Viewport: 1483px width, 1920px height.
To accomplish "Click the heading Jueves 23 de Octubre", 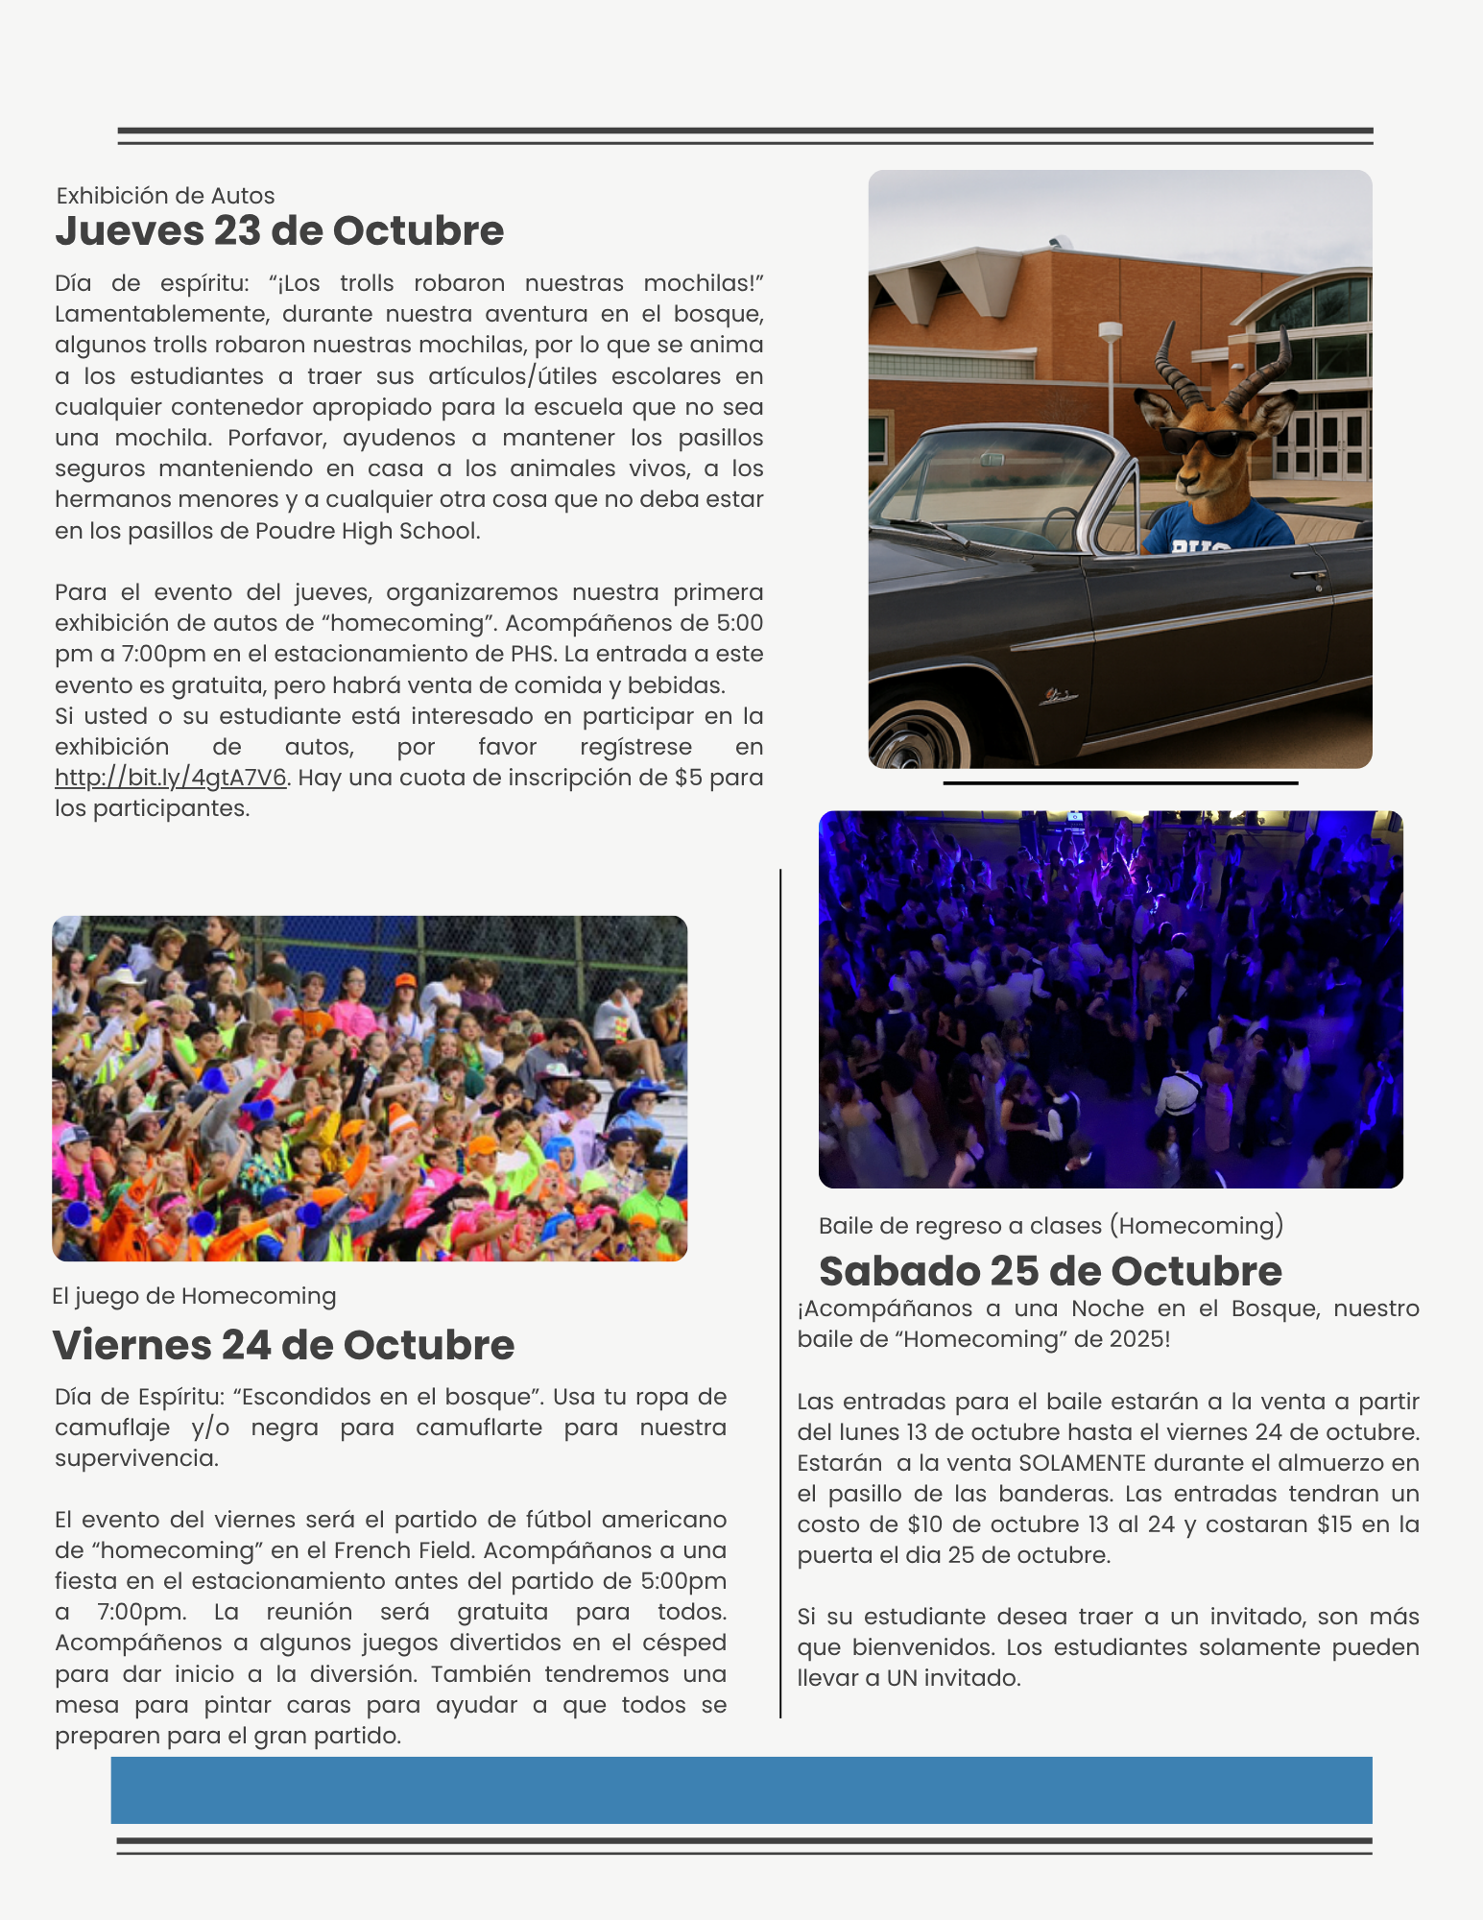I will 279,231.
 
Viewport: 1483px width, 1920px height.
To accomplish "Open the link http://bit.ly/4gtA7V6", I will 171,778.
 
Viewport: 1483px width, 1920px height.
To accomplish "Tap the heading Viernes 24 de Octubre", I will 283,1345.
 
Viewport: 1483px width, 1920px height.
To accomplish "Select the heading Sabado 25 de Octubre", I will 1050,1271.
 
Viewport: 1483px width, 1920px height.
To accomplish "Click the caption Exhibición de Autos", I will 165,196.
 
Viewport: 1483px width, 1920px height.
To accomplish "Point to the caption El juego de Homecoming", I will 194,1296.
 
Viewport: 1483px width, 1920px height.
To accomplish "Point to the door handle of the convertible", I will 1307,575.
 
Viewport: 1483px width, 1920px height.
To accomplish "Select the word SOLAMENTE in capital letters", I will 1082,1463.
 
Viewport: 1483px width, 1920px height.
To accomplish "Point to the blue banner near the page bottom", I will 741,1789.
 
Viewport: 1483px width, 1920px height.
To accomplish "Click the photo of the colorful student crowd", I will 370,1088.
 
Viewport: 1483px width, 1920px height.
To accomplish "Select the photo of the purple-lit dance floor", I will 1111,999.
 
